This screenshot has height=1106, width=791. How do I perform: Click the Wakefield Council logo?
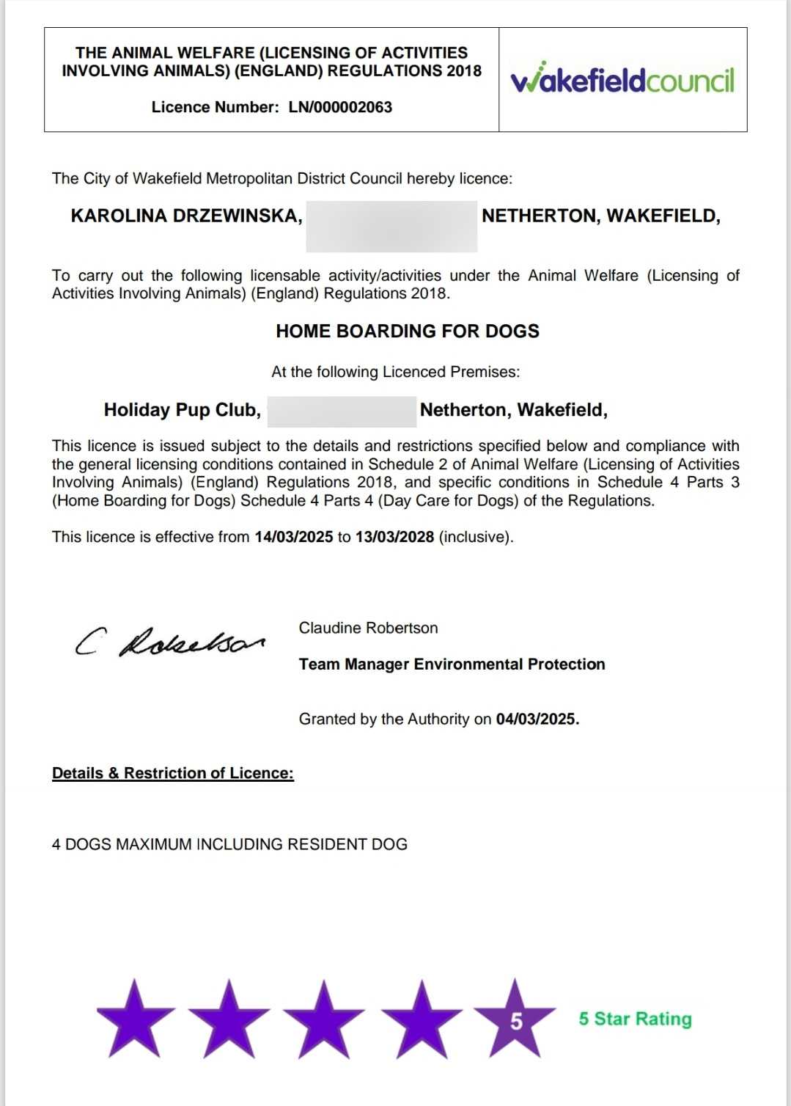[x=622, y=79]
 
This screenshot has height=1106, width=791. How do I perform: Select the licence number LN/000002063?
[x=340, y=107]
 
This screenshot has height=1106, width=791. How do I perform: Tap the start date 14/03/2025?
[x=293, y=537]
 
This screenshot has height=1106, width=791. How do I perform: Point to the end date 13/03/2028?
[x=394, y=537]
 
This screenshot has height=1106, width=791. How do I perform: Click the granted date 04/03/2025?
[x=537, y=719]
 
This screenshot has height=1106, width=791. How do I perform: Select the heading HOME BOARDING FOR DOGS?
[x=407, y=332]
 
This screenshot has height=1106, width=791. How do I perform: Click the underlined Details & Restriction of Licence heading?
[x=172, y=773]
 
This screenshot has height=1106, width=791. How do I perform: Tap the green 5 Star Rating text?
[x=635, y=1019]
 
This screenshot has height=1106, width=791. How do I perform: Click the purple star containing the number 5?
[x=515, y=1019]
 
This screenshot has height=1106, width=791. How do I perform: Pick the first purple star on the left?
[x=136, y=1019]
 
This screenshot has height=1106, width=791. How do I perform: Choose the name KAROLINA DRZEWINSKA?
[x=186, y=216]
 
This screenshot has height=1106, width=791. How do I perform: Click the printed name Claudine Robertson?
[x=368, y=628]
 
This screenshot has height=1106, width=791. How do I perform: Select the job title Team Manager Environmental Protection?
[x=452, y=664]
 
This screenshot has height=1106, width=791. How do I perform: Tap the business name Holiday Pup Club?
[x=182, y=410]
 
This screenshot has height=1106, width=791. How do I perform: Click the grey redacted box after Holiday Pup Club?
[x=342, y=411]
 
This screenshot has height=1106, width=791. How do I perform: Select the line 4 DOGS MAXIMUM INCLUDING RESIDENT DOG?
[x=229, y=844]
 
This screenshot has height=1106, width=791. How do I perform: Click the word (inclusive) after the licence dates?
[x=476, y=537]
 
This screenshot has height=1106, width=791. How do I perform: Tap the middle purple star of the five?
[x=323, y=1019]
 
